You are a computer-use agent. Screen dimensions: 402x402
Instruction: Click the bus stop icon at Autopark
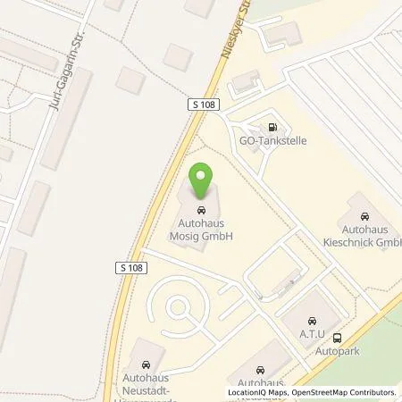337,338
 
